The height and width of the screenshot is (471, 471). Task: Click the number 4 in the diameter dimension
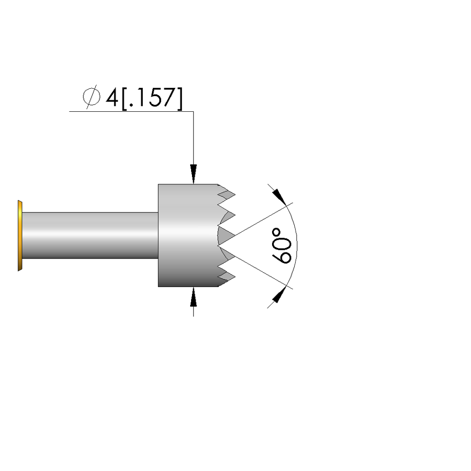click(112, 98)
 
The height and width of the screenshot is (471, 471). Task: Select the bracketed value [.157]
click(152, 98)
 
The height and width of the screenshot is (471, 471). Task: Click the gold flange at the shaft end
click(19, 235)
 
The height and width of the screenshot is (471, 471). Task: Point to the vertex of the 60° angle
click(218, 245)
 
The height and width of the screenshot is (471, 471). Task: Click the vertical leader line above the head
click(193, 138)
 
